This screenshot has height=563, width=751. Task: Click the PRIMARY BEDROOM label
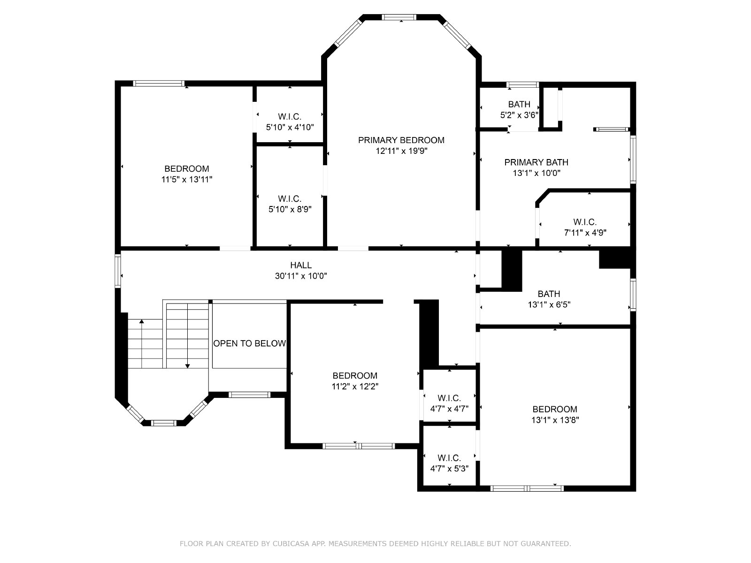click(x=401, y=140)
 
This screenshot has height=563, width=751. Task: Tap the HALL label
click(x=301, y=265)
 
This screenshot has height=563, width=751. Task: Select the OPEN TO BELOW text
click(x=249, y=343)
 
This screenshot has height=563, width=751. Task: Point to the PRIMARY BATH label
click(x=536, y=162)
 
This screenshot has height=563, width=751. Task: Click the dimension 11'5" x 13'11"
click(x=187, y=180)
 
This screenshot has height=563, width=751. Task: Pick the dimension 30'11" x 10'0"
click(x=301, y=276)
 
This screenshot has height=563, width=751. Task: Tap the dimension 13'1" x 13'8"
click(x=555, y=420)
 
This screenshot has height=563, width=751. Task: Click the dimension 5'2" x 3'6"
click(x=520, y=115)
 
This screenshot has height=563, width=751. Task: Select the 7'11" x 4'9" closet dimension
click(x=585, y=233)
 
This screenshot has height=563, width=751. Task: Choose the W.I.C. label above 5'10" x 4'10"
click(x=290, y=117)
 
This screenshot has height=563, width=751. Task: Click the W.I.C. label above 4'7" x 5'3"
click(x=449, y=458)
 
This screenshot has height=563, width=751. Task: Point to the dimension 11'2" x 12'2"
click(x=355, y=386)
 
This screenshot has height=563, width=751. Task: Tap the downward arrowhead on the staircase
click(x=187, y=366)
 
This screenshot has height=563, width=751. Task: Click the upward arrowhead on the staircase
click(x=142, y=321)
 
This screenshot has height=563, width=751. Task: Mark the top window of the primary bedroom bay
click(x=399, y=17)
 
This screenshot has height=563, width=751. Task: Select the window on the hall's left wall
click(x=118, y=271)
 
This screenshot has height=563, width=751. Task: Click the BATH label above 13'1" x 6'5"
click(x=549, y=294)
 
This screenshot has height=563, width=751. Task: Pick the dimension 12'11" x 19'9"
click(x=401, y=151)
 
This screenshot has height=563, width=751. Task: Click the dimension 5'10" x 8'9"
click(x=290, y=209)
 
